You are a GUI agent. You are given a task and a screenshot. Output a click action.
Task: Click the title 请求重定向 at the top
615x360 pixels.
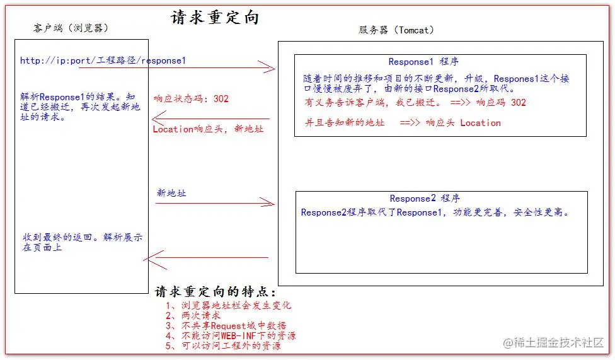click(x=214, y=18)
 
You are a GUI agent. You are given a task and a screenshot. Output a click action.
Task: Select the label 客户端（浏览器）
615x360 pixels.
click(x=71, y=28)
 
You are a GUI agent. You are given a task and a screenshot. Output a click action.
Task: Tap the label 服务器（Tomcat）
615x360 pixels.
click(x=396, y=30)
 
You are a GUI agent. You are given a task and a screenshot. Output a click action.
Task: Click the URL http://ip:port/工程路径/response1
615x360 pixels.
click(x=103, y=61)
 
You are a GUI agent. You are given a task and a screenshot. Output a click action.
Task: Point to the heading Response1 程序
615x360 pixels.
click(x=423, y=62)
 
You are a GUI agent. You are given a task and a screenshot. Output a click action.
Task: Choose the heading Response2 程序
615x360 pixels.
click(x=425, y=198)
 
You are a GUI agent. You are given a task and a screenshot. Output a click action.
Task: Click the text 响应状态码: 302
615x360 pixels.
click(x=191, y=98)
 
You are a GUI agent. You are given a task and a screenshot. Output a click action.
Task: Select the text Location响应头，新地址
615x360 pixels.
click(x=208, y=129)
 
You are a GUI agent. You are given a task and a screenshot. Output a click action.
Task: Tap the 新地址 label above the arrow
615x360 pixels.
click(x=171, y=193)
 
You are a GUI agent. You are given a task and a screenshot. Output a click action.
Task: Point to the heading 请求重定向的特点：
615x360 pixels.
click(x=215, y=292)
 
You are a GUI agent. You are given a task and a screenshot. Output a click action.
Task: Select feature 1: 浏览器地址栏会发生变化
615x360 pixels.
click(x=228, y=305)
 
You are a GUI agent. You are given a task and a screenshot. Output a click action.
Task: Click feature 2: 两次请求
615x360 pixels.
click(x=193, y=315)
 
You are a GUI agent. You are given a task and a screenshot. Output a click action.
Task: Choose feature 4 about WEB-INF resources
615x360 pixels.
click(x=231, y=335)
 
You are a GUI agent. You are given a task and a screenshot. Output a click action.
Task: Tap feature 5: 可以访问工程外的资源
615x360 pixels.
click(x=223, y=346)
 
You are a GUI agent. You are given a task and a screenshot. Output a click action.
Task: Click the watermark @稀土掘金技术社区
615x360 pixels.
click(x=553, y=342)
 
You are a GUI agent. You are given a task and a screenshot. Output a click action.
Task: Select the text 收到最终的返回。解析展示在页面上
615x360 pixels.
click(x=83, y=242)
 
